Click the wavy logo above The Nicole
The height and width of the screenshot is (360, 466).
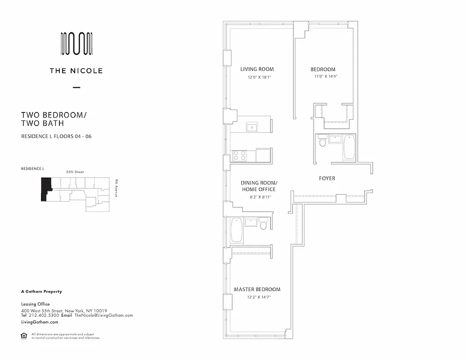point(77,44)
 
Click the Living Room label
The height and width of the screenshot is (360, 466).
point(257,69)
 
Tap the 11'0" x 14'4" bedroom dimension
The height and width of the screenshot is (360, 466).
point(323,77)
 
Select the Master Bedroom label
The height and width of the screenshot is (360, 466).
point(257,289)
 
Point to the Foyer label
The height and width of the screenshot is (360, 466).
point(327,178)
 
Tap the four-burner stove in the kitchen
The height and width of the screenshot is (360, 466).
point(240,156)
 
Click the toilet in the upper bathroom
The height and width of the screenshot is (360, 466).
point(322,142)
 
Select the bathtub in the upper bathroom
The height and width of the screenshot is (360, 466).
point(350,147)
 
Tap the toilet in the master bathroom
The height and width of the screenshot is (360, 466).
point(264,224)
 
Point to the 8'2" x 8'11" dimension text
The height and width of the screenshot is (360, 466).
point(258,197)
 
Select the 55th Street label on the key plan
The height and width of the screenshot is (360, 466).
point(75,172)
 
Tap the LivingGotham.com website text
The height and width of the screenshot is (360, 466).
point(40,322)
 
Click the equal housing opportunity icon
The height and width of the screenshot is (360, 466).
point(24,335)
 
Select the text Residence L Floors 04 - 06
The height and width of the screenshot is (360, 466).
point(56,136)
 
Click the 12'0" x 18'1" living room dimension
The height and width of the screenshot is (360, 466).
point(259,77)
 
